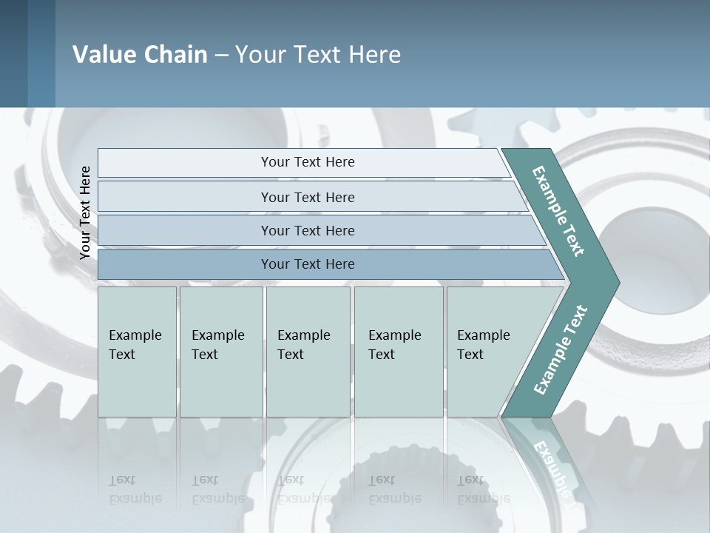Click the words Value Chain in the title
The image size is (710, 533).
point(140,55)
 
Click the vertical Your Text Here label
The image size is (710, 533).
point(85,212)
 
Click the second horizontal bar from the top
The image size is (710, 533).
point(307,197)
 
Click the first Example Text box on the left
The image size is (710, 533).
point(137,352)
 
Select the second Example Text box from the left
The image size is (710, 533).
point(221,352)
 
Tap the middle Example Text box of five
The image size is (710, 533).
point(308,352)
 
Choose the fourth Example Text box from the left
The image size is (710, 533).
point(399,352)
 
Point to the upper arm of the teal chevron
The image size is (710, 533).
point(559,211)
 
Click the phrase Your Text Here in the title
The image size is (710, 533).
point(318,55)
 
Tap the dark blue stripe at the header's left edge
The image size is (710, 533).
point(13,53)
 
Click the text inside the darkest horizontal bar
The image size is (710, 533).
point(308,264)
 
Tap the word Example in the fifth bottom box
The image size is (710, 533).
point(483,335)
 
